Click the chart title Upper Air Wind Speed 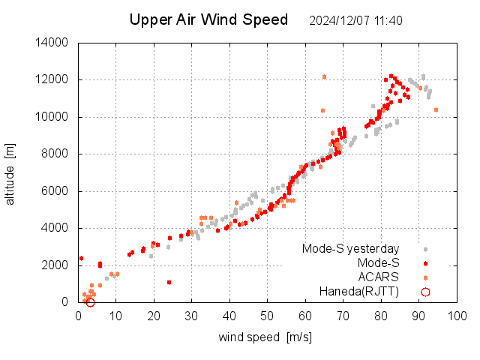[x=208, y=20]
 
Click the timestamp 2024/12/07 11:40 [x=355, y=21]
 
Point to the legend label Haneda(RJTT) [x=359, y=292]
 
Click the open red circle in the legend [x=425, y=292]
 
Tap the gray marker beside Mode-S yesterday [x=425, y=249]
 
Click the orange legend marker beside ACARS [x=425, y=277]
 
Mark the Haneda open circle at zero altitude [x=90, y=302]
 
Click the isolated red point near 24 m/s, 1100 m [x=169, y=282]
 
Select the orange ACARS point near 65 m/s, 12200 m [x=324, y=76]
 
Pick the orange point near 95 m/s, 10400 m [x=436, y=110]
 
